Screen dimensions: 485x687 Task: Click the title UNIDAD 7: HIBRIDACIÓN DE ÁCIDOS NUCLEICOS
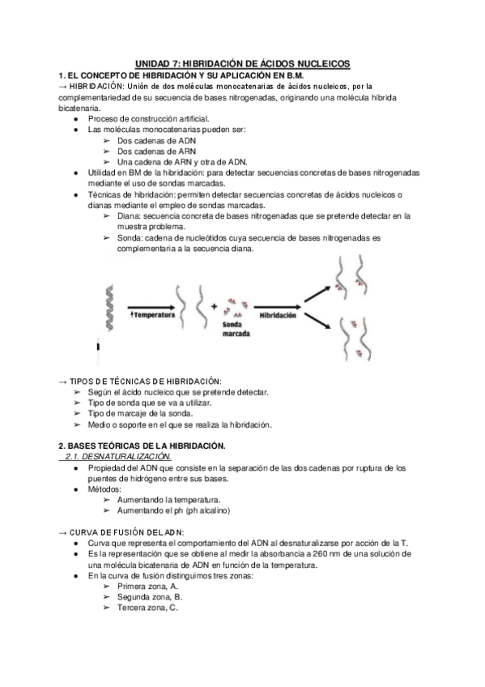tap(241, 63)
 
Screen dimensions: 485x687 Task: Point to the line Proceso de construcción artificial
tap(142, 119)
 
